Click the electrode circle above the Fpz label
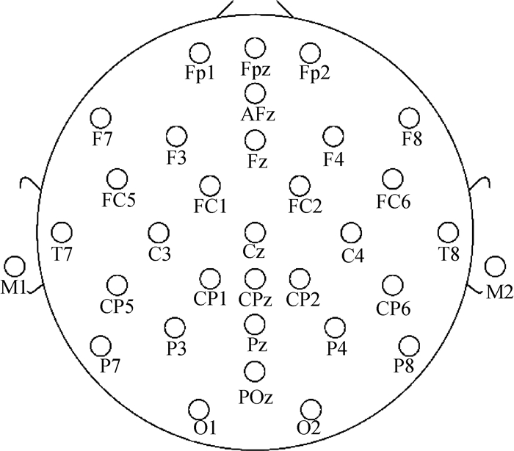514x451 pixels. pos(255,48)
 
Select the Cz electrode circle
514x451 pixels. pos(255,232)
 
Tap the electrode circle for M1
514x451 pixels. pos(14,267)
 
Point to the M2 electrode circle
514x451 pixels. pos(495,266)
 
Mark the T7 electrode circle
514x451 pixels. pos(62,233)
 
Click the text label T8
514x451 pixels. pos(448,253)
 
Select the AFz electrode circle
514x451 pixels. pos(255,93)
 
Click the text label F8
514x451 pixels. pos(411,138)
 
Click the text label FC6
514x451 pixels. pos(394,200)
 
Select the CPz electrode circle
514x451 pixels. pos(255,278)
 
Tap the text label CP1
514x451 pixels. pos(210,298)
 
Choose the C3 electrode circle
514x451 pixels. pos(157,233)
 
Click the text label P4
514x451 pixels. pos(336,348)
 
